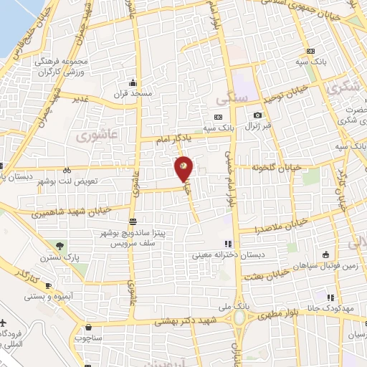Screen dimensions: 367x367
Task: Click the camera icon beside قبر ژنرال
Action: [x=257, y=115]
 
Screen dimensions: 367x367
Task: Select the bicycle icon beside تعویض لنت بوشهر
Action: [x=67, y=171]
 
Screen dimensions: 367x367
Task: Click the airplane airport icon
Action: [x=5, y=324]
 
